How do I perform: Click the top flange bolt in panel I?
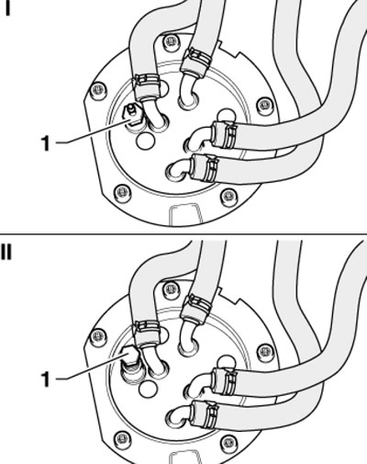coord(171,43)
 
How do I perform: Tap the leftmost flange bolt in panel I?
coord(98,91)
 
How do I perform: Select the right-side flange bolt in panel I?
coord(265,106)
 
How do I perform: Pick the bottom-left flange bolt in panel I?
coord(123,193)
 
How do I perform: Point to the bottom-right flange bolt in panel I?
coord(228,196)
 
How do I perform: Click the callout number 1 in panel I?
coord(45,143)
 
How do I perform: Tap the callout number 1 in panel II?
coord(45,379)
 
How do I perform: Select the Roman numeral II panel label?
coord(6,253)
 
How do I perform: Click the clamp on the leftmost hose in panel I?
coord(147,87)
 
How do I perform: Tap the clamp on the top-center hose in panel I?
coord(195,62)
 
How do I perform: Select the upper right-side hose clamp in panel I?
coord(225,135)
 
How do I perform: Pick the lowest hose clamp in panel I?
coord(205,168)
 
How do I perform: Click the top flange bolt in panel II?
coord(171,289)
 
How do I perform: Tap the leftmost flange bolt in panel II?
coord(98,336)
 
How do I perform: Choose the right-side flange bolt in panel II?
coord(265,352)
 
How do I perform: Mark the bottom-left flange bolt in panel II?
coord(123,439)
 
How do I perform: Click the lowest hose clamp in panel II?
coord(205,413)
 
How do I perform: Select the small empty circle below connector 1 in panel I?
coord(145,141)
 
